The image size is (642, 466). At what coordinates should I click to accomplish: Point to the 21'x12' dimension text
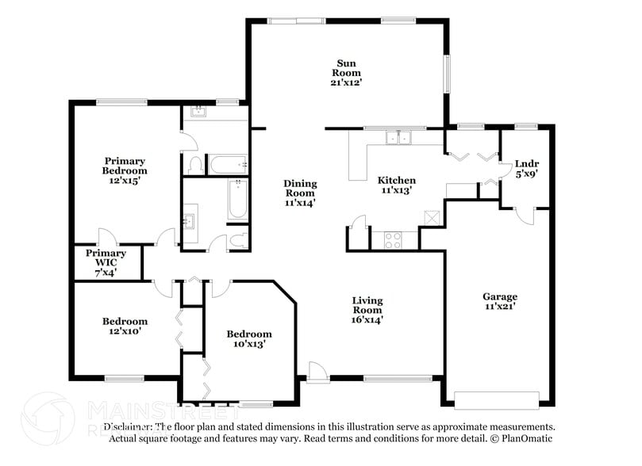pos(346,81)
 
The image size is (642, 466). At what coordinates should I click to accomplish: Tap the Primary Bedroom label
pos(125,165)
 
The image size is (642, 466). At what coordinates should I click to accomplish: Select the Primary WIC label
pos(106,258)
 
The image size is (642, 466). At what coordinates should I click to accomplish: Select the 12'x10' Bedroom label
pos(125,327)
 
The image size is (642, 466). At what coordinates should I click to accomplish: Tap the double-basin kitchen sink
pos(398,139)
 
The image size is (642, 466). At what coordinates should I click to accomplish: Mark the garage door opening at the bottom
pos(497,398)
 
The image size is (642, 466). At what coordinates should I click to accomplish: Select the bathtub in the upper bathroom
pos(228,165)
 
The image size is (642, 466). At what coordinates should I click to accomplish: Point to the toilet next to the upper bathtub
pos(195,164)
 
